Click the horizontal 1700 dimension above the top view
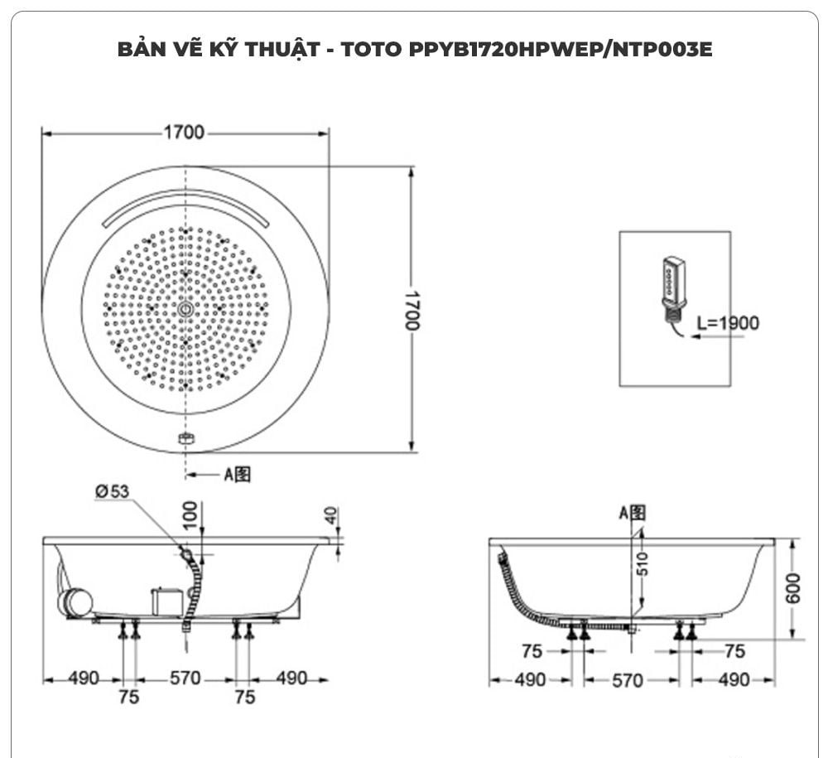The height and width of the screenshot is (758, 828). click(184, 133)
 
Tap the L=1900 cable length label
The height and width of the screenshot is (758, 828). click(727, 323)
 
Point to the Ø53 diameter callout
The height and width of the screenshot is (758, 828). click(112, 491)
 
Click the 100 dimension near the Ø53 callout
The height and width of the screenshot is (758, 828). click(190, 514)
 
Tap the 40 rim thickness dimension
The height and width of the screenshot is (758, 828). click(331, 516)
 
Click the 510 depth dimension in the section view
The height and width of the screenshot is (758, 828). click(643, 563)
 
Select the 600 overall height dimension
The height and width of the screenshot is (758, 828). click(793, 588)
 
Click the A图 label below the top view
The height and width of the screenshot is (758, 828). click(237, 475)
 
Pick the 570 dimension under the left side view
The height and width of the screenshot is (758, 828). click(185, 678)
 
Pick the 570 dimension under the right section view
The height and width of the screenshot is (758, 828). click(628, 680)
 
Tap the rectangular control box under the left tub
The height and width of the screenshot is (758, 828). click(166, 601)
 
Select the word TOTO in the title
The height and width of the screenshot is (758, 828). click(373, 50)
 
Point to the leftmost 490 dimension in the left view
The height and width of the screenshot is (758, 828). click(83, 678)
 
